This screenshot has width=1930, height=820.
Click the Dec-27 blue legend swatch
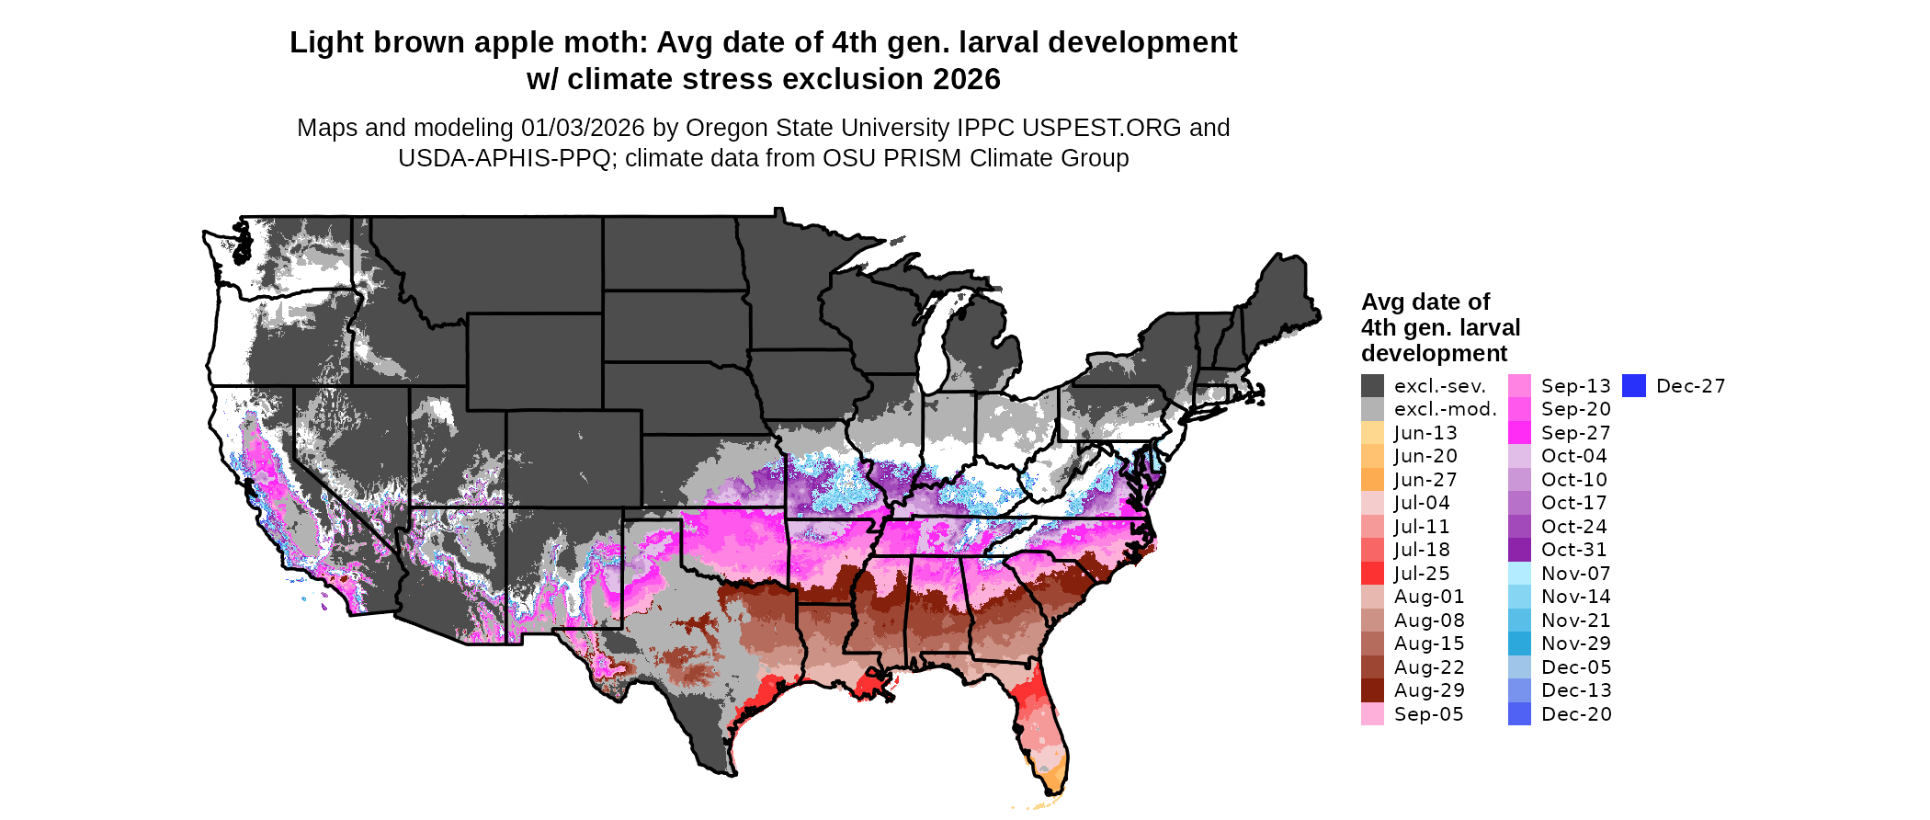click(1633, 386)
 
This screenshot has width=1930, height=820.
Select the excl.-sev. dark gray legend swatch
click(1372, 386)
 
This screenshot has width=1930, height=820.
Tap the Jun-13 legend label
click(1425, 433)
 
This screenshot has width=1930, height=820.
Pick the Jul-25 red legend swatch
click(1372, 574)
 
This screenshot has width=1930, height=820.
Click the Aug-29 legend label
click(1429, 690)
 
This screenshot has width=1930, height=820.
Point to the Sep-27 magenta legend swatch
click(1519, 433)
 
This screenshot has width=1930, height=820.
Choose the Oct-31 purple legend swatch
click(1519, 550)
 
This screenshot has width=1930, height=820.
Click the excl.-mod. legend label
click(1446, 409)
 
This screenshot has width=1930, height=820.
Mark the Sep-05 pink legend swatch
click(1372, 714)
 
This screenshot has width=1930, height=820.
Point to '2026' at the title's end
click(967, 80)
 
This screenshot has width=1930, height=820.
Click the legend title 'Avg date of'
click(1425, 302)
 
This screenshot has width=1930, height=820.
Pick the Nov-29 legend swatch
click(1519, 643)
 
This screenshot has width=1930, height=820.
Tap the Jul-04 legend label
click(1422, 503)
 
